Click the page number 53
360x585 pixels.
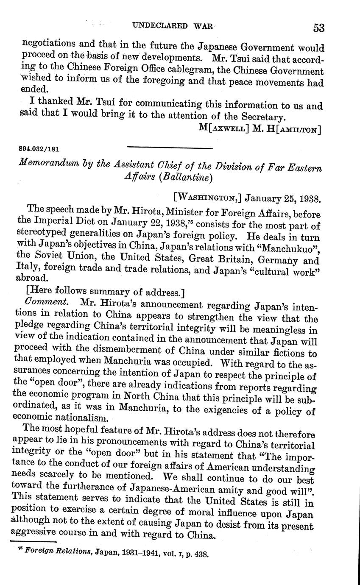coord(318,28)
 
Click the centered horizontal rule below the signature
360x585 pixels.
coord(169,148)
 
